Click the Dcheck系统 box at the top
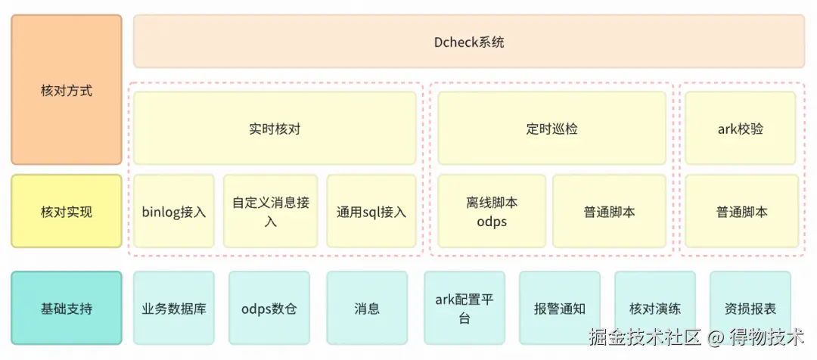[x=469, y=42]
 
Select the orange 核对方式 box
[x=67, y=90]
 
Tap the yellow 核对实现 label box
[x=67, y=212]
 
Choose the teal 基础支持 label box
[x=67, y=309]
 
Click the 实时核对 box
[x=275, y=129]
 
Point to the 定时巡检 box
[x=551, y=129]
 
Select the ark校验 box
[x=741, y=129]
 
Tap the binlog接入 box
[x=174, y=212]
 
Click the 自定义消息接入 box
[x=271, y=212]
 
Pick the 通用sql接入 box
[x=371, y=212]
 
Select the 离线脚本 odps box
[x=492, y=212]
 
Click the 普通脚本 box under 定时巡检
[x=609, y=212]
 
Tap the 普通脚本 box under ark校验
[x=741, y=212]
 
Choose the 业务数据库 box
[x=174, y=309]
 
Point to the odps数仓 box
[x=269, y=309]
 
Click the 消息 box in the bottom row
[x=367, y=309]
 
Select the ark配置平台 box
[x=464, y=309]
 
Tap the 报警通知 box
[x=559, y=309]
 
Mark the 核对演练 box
[x=655, y=309]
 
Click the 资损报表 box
[x=750, y=309]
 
